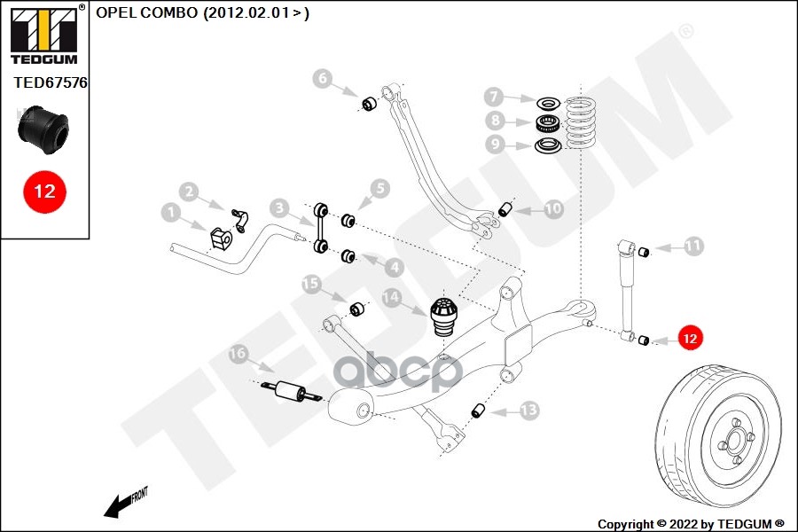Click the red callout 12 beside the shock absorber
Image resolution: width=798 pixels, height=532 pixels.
pos(690,338)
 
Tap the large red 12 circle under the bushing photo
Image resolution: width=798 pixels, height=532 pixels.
pos(43,191)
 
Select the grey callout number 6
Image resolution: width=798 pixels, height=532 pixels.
pos(323,80)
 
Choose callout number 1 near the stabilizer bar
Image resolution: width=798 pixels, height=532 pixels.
pos(171,212)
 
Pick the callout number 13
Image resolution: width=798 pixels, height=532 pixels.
pos(528,411)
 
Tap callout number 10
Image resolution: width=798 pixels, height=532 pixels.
pos(552,210)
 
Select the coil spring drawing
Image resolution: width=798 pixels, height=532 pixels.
pos(582,123)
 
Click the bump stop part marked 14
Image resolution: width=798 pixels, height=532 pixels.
pos(442,317)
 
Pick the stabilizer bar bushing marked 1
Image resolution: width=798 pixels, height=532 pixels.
pos(220,239)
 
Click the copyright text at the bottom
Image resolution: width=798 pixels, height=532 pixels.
pos(691,523)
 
